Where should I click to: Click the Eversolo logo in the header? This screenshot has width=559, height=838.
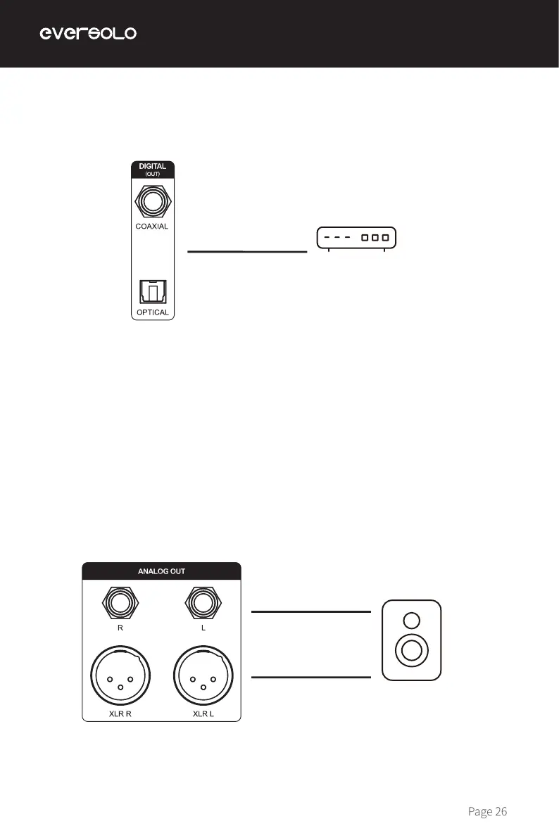(87, 34)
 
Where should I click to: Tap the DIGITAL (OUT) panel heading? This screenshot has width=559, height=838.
(152, 170)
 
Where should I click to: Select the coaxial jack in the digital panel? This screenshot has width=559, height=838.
(152, 202)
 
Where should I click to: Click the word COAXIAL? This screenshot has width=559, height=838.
(152, 227)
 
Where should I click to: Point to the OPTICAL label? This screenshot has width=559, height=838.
(152, 312)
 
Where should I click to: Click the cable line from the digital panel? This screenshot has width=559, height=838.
(248, 250)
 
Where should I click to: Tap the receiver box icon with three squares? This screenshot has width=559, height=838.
(356, 238)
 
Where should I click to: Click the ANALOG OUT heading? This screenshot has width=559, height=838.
(162, 571)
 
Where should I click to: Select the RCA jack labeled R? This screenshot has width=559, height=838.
(120, 603)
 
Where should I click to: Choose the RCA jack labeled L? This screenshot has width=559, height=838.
(203, 603)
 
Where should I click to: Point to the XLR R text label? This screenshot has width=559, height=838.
(120, 713)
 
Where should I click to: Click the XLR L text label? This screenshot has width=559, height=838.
(203, 713)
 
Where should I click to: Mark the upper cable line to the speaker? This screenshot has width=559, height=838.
(310, 612)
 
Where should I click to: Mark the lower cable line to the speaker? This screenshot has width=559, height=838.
(310, 678)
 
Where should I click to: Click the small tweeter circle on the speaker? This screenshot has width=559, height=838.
(412, 620)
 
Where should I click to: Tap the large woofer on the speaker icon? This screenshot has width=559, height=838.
(412, 651)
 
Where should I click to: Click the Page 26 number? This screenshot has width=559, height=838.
(487, 812)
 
